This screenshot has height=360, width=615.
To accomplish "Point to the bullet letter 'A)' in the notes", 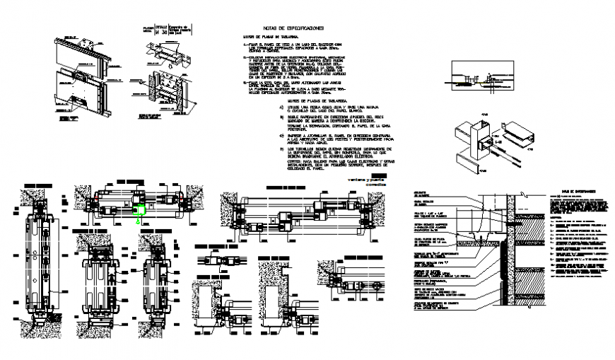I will [x=271, y=110].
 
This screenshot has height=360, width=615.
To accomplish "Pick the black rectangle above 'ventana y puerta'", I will [x=380, y=173].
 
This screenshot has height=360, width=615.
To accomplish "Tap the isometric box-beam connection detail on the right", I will [x=488, y=145].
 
